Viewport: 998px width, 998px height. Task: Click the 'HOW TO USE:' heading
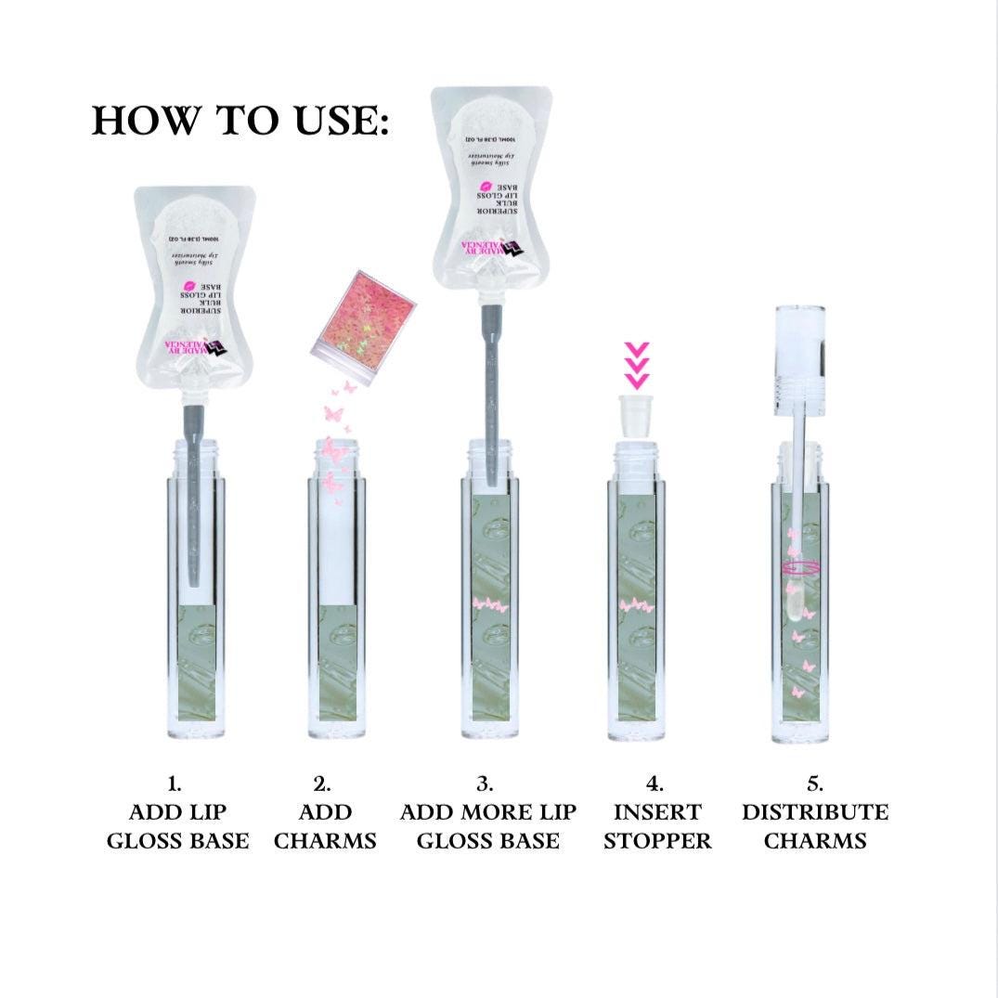(240, 121)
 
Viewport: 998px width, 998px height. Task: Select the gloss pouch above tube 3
(490, 186)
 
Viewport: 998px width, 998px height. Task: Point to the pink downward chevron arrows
(635, 366)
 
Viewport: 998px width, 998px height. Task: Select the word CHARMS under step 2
(325, 841)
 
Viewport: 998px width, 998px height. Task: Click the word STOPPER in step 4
(657, 841)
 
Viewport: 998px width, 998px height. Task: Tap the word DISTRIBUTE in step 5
(815, 812)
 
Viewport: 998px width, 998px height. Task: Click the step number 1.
(176, 784)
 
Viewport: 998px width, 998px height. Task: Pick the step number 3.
(487, 784)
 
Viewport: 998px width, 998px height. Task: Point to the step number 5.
(815, 784)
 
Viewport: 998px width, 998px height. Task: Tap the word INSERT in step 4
(657, 812)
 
